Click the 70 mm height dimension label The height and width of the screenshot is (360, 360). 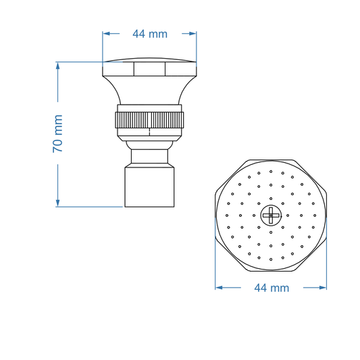[x=57, y=133]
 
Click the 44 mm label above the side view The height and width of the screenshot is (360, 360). [x=150, y=34]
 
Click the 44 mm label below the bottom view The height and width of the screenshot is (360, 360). [x=272, y=288]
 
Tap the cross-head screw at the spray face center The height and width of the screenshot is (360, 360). [x=271, y=215]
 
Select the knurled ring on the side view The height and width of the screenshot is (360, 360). [x=149, y=120]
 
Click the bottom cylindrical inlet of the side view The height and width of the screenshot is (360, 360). [x=149, y=187]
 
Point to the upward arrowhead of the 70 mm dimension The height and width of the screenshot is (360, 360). [x=57, y=66]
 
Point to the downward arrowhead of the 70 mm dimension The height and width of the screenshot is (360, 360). [x=57, y=203]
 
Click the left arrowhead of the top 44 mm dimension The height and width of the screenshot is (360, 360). [x=107, y=34]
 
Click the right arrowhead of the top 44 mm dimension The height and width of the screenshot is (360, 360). [x=192, y=34]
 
